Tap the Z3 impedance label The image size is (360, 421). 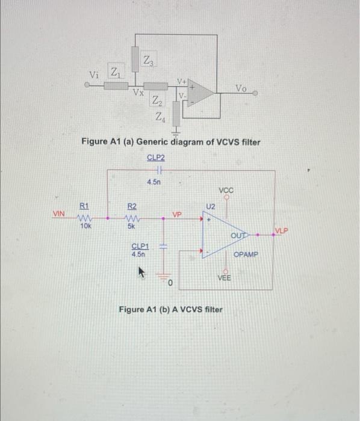coord(147,60)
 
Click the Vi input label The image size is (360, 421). coord(94,75)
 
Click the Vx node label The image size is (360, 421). coord(138,93)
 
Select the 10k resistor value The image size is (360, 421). coord(85,227)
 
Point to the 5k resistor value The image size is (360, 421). coord(131,227)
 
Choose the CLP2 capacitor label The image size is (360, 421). coord(156,158)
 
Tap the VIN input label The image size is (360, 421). coord(58,214)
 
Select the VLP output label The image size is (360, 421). coord(281,230)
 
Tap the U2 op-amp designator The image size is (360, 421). coord(209,206)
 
